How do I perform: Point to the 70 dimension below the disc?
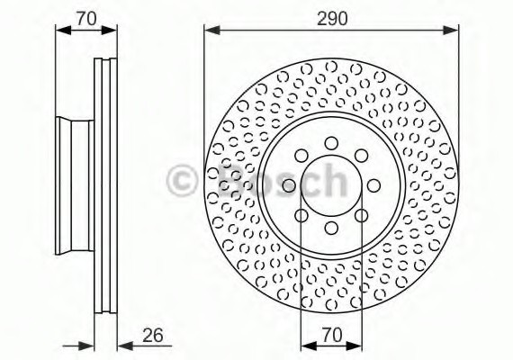pyautogui.click(x=331, y=336)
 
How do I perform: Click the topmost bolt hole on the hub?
pyautogui.click(x=331, y=142)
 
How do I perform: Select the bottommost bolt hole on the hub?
pyautogui.click(x=331, y=229)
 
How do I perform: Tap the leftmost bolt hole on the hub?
pyautogui.click(x=288, y=185)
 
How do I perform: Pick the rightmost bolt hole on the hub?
pyautogui.click(x=374, y=185)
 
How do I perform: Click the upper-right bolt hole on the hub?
pyautogui.click(x=362, y=155)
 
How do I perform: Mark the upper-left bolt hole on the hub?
pyautogui.click(x=301, y=155)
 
